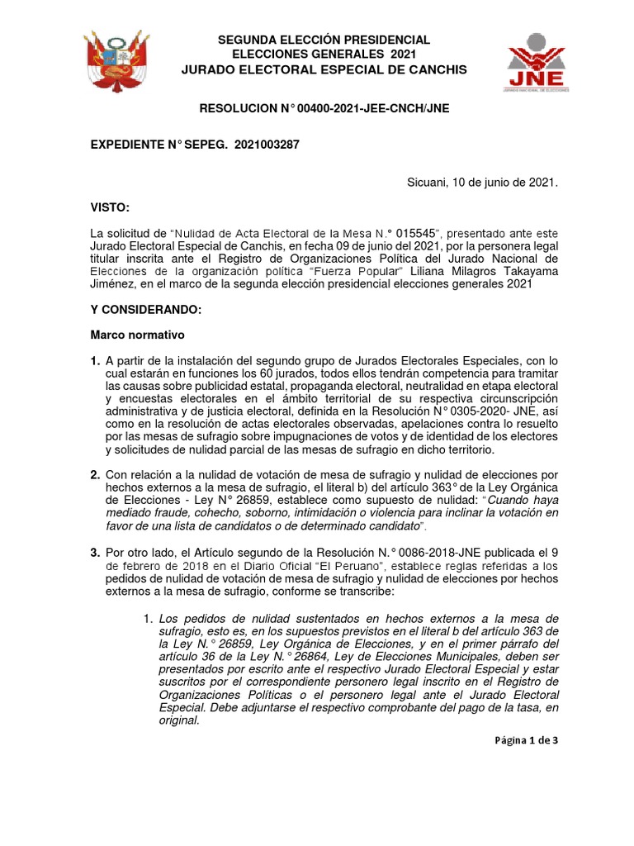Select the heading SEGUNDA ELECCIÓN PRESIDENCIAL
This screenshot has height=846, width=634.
tap(324, 40)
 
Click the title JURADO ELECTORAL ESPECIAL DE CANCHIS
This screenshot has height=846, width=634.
tap(324, 69)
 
